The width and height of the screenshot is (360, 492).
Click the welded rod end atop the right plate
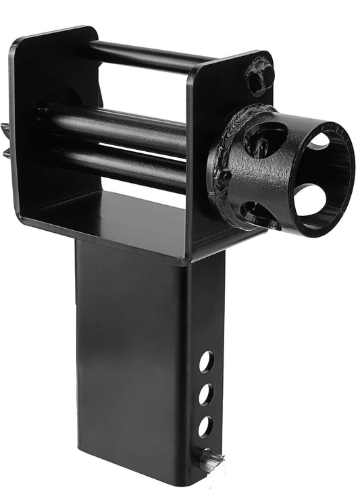[x=259, y=76]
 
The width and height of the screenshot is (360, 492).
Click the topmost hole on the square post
[x=205, y=362]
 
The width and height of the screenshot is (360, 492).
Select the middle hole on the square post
[x=205, y=394]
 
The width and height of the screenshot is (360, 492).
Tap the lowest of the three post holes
[x=205, y=426]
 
